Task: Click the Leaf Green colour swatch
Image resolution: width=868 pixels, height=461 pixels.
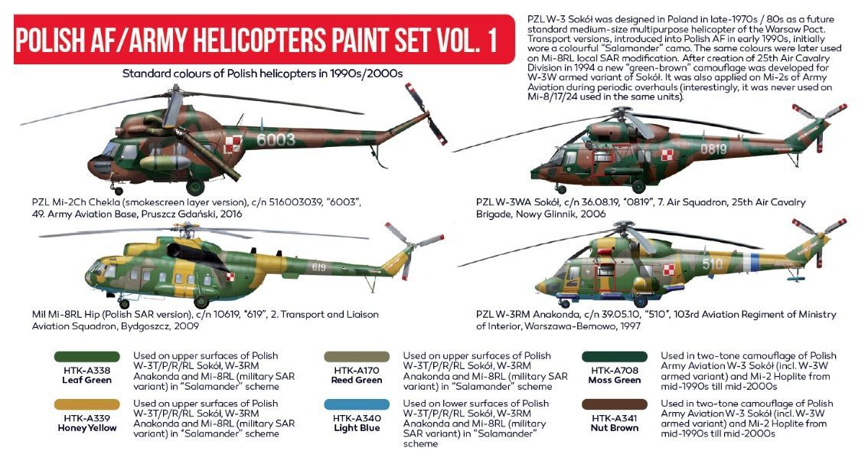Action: pyautogui.click(x=86, y=356)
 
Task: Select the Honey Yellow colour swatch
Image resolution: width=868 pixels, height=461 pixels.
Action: pyautogui.click(x=86, y=404)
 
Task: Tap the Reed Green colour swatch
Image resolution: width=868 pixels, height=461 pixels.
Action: pyautogui.click(x=357, y=356)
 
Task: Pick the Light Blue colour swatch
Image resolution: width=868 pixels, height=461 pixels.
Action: pyautogui.click(x=357, y=404)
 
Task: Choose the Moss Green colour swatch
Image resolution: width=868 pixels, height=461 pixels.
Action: pyautogui.click(x=615, y=356)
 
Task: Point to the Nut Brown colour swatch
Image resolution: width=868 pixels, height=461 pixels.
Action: pyautogui.click(x=615, y=404)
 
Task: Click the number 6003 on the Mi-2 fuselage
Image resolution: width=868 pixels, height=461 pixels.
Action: pyautogui.click(x=276, y=139)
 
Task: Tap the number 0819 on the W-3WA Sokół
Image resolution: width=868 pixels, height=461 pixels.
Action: pyautogui.click(x=713, y=149)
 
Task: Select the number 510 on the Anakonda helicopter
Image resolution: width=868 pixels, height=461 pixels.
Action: pyautogui.click(x=713, y=263)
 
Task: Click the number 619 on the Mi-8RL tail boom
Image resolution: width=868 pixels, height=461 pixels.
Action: pyautogui.click(x=319, y=267)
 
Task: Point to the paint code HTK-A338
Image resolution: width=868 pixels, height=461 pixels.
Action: pyautogui.click(x=86, y=370)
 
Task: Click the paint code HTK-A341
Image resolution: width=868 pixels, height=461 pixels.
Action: pyautogui.click(x=615, y=418)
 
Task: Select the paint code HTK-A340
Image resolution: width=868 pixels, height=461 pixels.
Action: pyautogui.click(x=357, y=418)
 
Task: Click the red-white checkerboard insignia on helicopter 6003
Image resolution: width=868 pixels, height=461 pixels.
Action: pyautogui.click(x=233, y=145)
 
